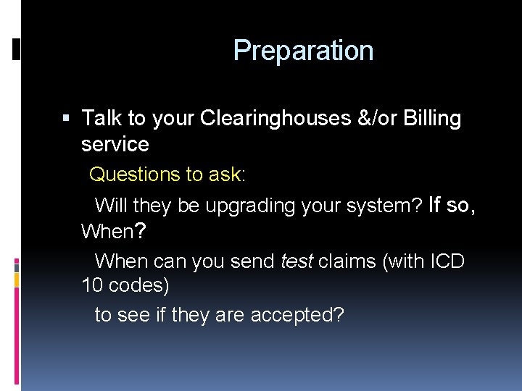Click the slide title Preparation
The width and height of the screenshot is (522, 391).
tap(303, 51)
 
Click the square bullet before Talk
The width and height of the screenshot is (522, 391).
tap(67, 118)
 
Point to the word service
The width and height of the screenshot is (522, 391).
tap(115, 144)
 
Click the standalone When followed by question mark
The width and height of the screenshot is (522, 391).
tap(114, 232)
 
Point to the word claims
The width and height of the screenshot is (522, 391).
tap(347, 261)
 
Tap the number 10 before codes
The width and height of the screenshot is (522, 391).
tap(93, 286)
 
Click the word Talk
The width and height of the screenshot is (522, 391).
tap(101, 118)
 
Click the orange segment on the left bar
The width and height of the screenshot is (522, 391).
tap(17, 279)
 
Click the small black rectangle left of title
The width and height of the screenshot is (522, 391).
tap(17, 50)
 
